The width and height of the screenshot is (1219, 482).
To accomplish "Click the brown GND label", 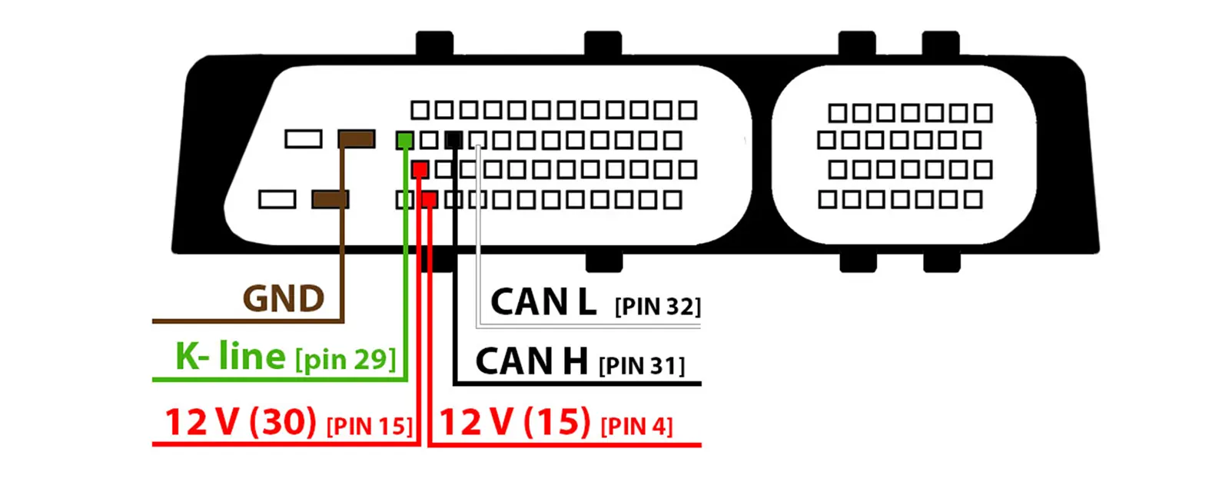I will pos(283,298).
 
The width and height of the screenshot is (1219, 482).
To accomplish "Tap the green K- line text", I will pos(230,356).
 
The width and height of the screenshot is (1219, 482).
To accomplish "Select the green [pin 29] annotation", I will pos(345,359).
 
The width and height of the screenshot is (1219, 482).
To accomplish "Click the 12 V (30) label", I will pos(241,422).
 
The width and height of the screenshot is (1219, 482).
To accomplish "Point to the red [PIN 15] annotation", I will pos(369,426).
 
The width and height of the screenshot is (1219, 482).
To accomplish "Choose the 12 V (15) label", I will pos(514,422).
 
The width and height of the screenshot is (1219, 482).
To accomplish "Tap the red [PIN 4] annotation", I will pos(636,426).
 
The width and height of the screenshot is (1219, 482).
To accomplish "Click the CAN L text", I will pos(543,302).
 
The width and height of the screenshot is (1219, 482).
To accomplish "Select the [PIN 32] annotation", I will pos(657,307).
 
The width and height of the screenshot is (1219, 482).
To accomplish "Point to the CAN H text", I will pos(531,361).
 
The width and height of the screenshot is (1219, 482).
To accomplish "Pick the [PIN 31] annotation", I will pos(641,366).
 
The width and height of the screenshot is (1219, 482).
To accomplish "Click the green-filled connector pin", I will pos(404,140).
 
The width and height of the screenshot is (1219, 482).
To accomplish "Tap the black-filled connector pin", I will pos(453,140).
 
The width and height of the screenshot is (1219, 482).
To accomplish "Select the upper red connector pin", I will pos(420,169).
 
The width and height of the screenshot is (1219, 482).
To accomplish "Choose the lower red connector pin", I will pos(429,200).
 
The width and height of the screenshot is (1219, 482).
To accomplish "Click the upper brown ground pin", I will pos(357,138).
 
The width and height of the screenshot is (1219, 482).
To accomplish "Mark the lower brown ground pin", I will pos(330,199).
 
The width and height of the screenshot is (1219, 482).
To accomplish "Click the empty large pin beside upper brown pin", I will pos(304,138).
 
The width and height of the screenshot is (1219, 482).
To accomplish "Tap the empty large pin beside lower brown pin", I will pos(277,199).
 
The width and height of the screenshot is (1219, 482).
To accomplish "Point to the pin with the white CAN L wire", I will pos(478,140).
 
